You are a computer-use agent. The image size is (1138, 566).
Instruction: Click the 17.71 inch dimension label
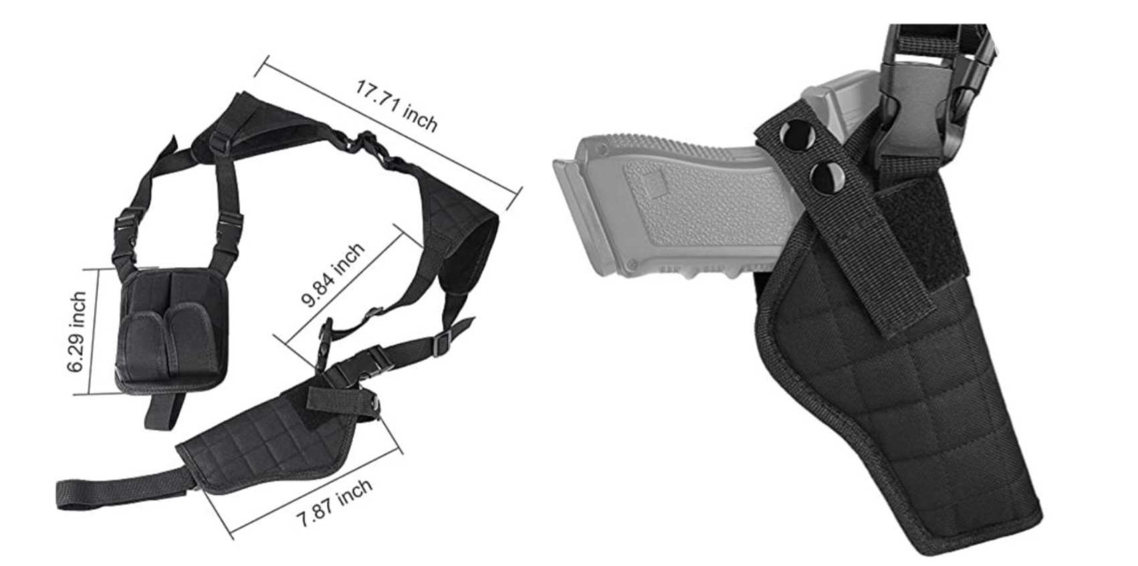point(396,106)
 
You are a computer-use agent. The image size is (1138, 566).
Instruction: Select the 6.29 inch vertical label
point(77,332)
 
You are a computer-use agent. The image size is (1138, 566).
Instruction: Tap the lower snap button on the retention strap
point(827,179)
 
